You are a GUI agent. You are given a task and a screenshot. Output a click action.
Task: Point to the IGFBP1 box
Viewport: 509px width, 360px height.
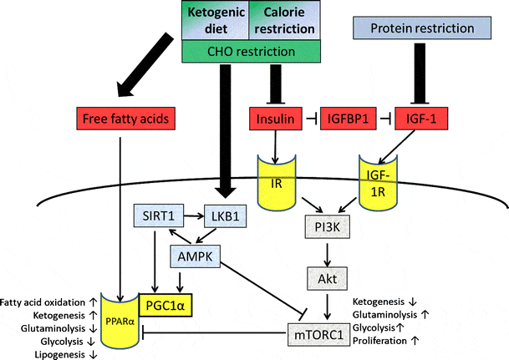(345, 120)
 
